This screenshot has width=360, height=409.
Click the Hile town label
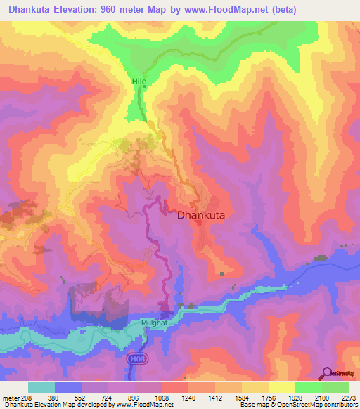139,82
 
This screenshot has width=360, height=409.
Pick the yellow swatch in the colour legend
281,387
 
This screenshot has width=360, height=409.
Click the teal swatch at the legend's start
41,387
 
